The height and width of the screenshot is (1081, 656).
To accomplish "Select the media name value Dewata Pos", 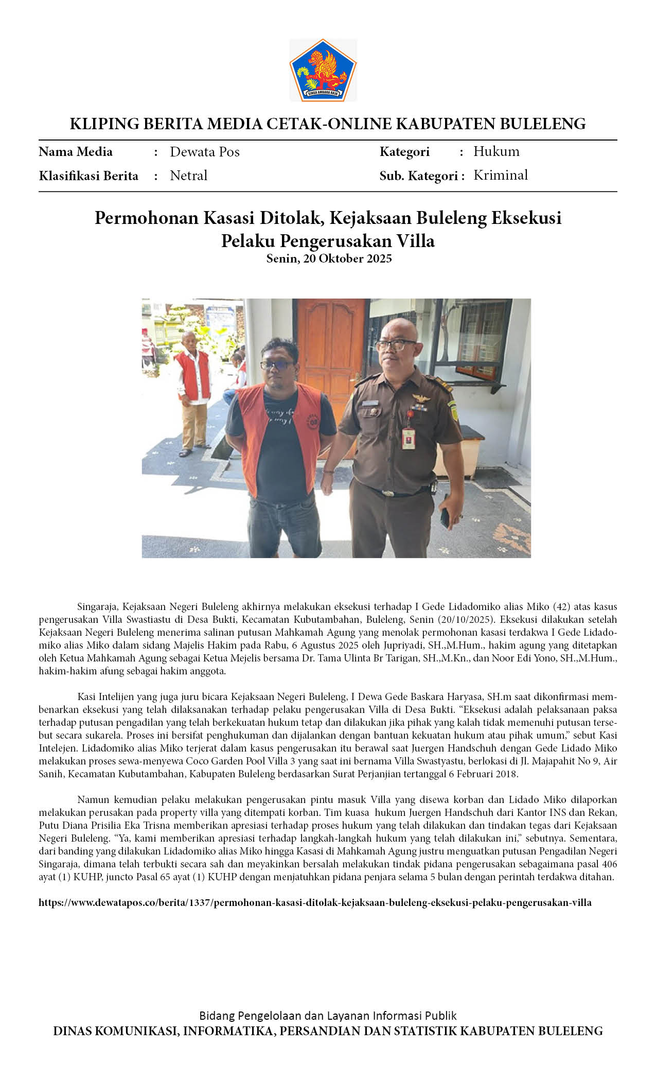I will (204, 152).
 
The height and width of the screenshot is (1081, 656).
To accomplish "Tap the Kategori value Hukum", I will (496, 151).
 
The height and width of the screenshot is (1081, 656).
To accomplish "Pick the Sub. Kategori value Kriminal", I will (500, 175).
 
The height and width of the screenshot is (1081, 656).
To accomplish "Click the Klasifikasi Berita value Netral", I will (188, 176).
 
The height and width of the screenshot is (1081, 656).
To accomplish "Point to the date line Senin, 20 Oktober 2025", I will (328, 258).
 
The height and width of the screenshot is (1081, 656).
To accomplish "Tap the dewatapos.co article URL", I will (315, 902).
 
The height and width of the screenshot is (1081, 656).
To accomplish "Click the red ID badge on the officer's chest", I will (409, 438).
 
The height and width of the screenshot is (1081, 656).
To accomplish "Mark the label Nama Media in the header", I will (75, 152).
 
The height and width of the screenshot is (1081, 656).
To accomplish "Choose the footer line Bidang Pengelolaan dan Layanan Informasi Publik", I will (328, 1016).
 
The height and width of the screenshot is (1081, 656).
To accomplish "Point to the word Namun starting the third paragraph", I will (92, 799).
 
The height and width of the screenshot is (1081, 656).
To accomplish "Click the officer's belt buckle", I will (392, 493).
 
